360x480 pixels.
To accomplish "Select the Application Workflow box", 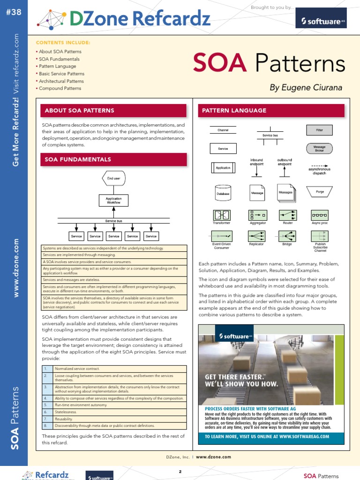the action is point(113,201).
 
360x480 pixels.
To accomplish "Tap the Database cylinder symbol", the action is point(223,192).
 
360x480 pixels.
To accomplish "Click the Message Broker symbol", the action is point(319,149).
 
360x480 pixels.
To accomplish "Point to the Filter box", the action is point(319,130).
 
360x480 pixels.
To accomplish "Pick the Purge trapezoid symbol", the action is point(320,191).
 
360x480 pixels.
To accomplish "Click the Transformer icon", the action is point(222,215).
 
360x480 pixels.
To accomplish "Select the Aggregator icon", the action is point(257,215).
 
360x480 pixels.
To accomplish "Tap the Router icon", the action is point(288,215).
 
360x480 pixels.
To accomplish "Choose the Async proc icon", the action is point(320,215).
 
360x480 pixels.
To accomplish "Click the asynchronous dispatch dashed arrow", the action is point(319,166).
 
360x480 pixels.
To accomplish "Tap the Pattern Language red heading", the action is point(271,111).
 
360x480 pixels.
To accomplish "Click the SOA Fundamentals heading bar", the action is point(114,159).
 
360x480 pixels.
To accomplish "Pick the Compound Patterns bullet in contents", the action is point(60,88).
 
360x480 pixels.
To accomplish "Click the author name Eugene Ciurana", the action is point(306,88).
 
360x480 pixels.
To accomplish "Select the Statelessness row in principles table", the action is point(120,412).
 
